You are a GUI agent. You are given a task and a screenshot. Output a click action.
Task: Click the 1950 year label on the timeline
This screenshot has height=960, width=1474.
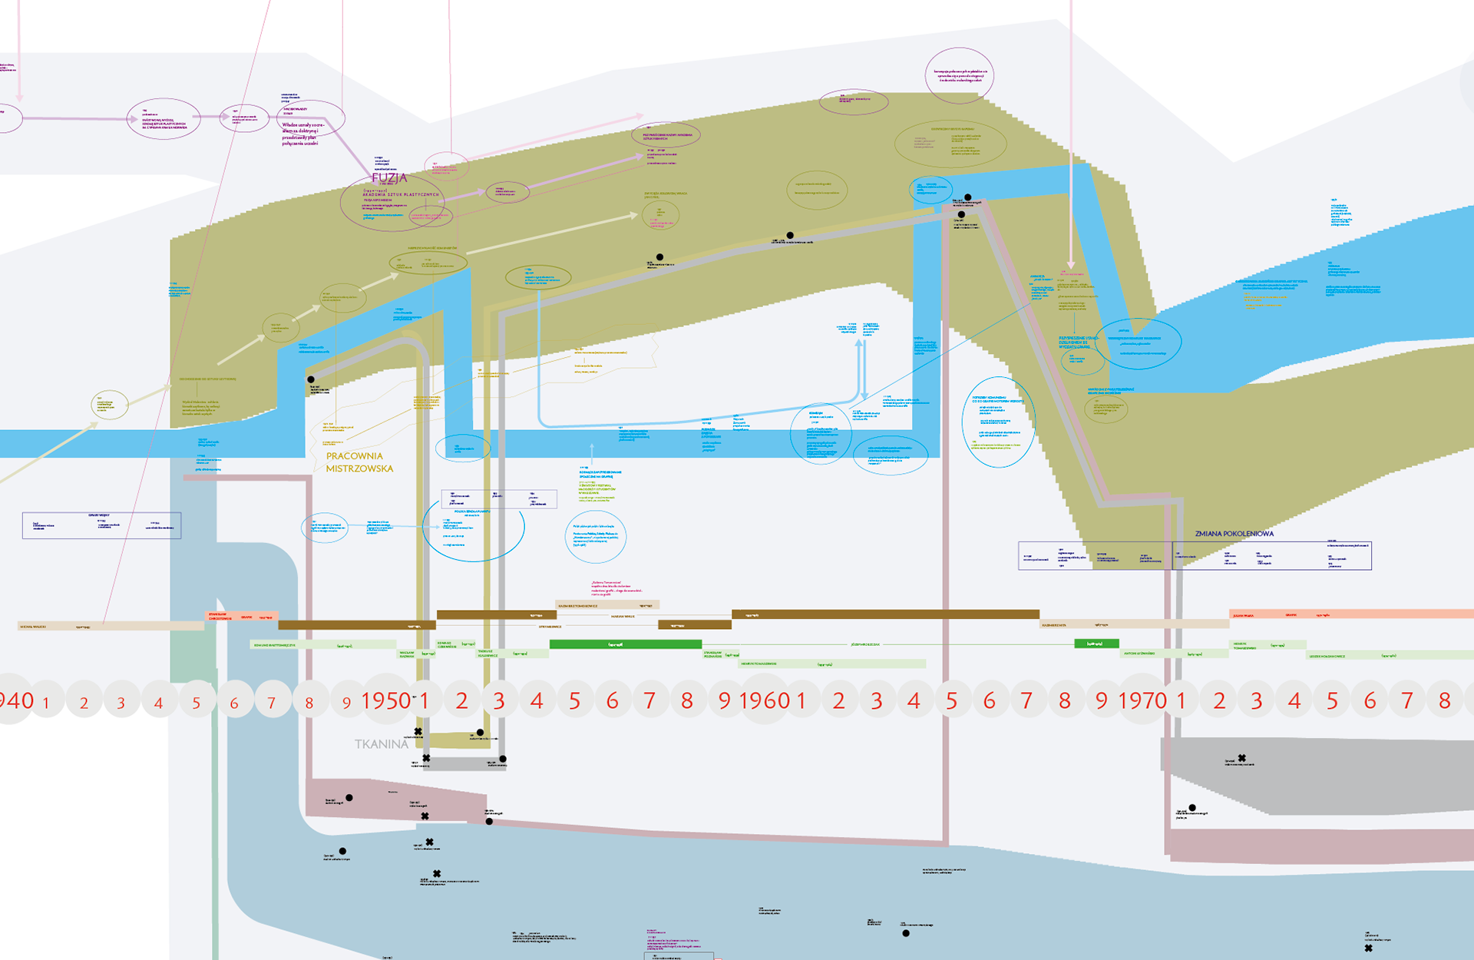(386, 700)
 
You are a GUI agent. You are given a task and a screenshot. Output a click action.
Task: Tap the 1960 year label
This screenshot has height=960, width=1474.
(765, 700)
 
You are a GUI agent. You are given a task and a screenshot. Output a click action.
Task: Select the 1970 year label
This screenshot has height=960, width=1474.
(1142, 700)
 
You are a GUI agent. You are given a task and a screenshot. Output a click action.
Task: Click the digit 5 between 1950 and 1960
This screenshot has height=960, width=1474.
(574, 700)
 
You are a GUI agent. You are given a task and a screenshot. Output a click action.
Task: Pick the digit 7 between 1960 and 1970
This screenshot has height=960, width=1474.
(1026, 700)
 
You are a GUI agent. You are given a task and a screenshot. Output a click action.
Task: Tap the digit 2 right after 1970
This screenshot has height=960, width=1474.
(1219, 700)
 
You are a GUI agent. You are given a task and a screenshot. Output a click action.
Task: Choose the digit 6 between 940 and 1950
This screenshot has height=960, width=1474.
(234, 703)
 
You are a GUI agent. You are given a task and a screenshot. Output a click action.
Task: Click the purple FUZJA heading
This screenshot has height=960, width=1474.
(389, 177)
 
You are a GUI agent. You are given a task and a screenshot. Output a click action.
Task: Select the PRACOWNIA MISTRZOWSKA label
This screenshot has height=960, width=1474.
(359, 462)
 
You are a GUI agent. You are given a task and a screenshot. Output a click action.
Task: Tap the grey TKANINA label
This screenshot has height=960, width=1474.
(382, 743)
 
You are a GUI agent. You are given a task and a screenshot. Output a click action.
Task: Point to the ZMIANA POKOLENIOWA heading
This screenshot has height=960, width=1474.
(1234, 534)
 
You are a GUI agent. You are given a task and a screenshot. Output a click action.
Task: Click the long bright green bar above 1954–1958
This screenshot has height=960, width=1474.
(626, 644)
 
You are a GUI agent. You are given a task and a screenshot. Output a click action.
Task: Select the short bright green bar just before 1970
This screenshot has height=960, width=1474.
(1096, 644)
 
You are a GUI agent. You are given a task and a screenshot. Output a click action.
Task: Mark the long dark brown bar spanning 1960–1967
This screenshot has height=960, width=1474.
(885, 614)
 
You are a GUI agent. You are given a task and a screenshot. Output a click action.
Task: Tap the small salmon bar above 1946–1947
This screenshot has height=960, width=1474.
(241, 616)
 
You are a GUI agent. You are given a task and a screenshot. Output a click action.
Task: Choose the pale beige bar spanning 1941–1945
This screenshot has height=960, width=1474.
(111, 627)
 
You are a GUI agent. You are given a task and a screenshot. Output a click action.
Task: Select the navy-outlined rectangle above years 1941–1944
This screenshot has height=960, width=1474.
(101, 525)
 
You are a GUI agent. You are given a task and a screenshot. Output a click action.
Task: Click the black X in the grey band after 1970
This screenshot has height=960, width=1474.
(1242, 758)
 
